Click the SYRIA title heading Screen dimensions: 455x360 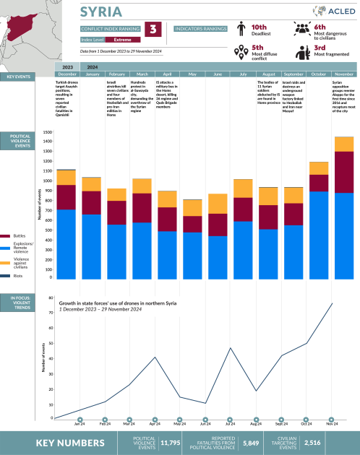pos(100,12)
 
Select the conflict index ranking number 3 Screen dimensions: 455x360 pos(153,30)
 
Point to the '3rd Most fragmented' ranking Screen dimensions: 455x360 pos(327,52)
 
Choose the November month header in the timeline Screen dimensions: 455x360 pos(343,74)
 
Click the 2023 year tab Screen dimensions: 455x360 pos(67,66)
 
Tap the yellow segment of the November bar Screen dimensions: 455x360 pos(343,144)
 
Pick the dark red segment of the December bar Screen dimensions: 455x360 pos(67,197)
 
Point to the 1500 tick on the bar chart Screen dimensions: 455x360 pos(47,133)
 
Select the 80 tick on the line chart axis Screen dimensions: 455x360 pos(49,297)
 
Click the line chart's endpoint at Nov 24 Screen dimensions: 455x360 pos(332,303)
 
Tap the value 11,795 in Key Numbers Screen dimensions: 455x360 pos(170,442)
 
